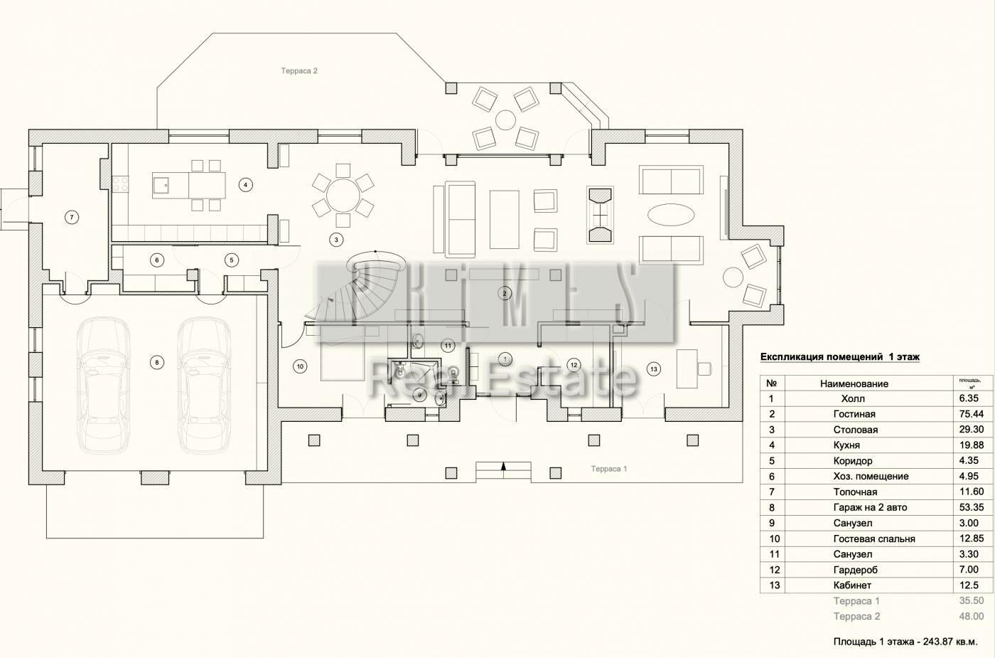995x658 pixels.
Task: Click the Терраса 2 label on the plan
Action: click(299, 70)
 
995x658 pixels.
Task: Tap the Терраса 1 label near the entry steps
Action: click(608, 469)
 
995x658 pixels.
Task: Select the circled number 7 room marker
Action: click(72, 218)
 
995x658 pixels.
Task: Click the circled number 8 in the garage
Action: click(157, 363)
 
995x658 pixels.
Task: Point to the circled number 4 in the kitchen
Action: click(245, 185)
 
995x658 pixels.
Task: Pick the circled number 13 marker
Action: click(653, 369)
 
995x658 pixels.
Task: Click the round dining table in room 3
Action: click(343, 196)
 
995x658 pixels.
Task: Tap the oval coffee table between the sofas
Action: click(671, 215)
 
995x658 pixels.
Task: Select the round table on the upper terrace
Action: click(505, 120)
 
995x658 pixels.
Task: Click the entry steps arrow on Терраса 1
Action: click(503, 467)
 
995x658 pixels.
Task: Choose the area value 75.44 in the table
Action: click(972, 414)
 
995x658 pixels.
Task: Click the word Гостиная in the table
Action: click(854, 414)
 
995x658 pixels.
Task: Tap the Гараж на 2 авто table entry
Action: click(870, 507)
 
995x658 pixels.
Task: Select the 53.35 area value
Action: click(972, 507)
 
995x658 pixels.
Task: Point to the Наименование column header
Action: click(854, 383)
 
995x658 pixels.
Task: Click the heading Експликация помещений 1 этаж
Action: click(840, 357)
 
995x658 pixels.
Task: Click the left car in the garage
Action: click(104, 384)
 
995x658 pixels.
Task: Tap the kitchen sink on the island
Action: click(161, 185)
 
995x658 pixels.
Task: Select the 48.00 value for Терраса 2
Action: click(972, 616)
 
